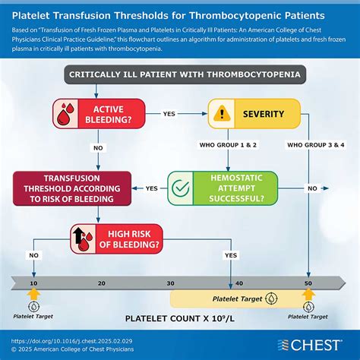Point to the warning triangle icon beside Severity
pyautogui.click(x=223, y=113)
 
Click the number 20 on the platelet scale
pyautogui.click(x=101, y=282)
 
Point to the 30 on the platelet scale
pyautogui.click(x=170, y=282)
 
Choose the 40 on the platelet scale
pyautogui.click(x=240, y=282)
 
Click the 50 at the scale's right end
pyautogui.click(x=309, y=282)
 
